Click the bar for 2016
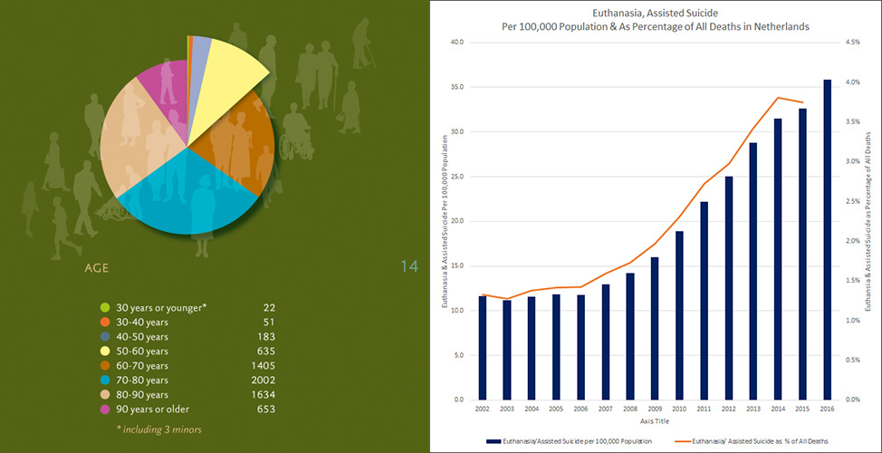(827, 240)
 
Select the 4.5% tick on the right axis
(854, 42)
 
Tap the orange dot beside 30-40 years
(105, 322)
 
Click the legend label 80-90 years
(145, 395)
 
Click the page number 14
(408, 266)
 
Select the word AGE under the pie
(98, 268)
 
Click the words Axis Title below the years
(655, 421)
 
